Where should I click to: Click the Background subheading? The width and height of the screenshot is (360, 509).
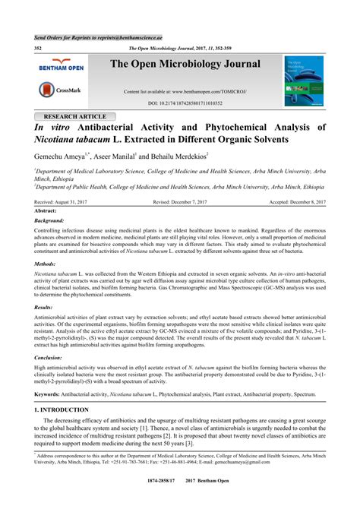(x=50, y=220)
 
